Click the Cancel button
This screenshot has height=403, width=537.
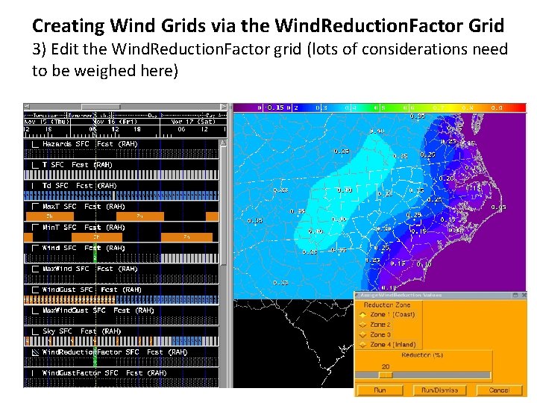coord(499,390)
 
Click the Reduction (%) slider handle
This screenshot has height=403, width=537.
coord(386,375)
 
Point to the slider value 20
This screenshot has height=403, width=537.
coord(386,366)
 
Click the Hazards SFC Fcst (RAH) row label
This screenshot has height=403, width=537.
coord(89,143)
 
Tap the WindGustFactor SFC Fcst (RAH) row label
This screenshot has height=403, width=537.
coord(104,372)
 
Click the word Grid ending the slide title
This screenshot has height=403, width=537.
coord(486,26)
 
